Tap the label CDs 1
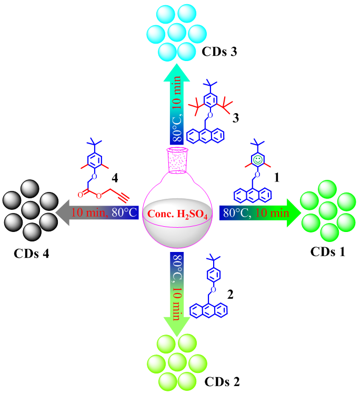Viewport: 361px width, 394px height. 324,251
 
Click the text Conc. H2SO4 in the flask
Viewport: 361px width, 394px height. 176,214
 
